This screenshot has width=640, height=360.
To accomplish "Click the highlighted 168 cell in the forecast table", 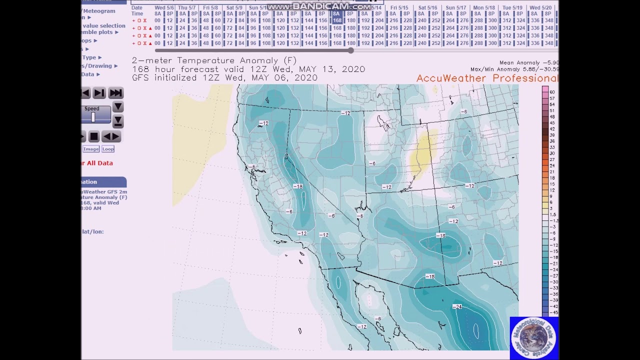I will (x=337, y=20).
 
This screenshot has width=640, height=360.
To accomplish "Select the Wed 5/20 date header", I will (x=540, y=8).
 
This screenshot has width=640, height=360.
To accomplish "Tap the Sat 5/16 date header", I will (x=427, y=8).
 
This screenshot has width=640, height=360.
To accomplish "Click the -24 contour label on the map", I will (x=457, y=306).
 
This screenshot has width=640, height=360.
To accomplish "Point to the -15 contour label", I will (x=430, y=276).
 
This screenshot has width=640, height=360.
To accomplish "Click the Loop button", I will (x=108, y=149).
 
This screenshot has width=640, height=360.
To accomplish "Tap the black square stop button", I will (x=94, y=136).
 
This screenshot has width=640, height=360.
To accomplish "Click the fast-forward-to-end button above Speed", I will (x=115, y=93).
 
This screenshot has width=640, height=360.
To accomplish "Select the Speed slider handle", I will (x=93, y=117).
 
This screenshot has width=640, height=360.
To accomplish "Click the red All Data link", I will (x=99, y=163).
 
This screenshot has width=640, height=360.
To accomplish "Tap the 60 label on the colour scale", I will (x=552, y=92).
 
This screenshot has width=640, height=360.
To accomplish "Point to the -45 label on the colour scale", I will (x=553, y=313).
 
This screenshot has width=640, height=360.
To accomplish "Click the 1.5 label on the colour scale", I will (x=553, y=214).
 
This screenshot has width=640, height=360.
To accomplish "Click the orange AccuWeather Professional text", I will (x=486, y=78).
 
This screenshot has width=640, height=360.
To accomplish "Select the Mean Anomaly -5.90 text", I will (x=528, y=63).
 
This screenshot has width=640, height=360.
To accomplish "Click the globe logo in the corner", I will (x=533, y=337).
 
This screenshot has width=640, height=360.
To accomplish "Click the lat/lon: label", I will (x=93, y=231).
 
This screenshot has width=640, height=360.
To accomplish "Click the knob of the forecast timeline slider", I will (x=351, y=50).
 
